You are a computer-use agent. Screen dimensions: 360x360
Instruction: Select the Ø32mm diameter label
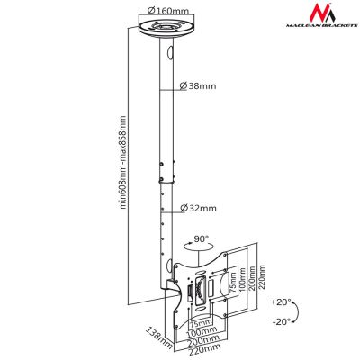tap(199, 208)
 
